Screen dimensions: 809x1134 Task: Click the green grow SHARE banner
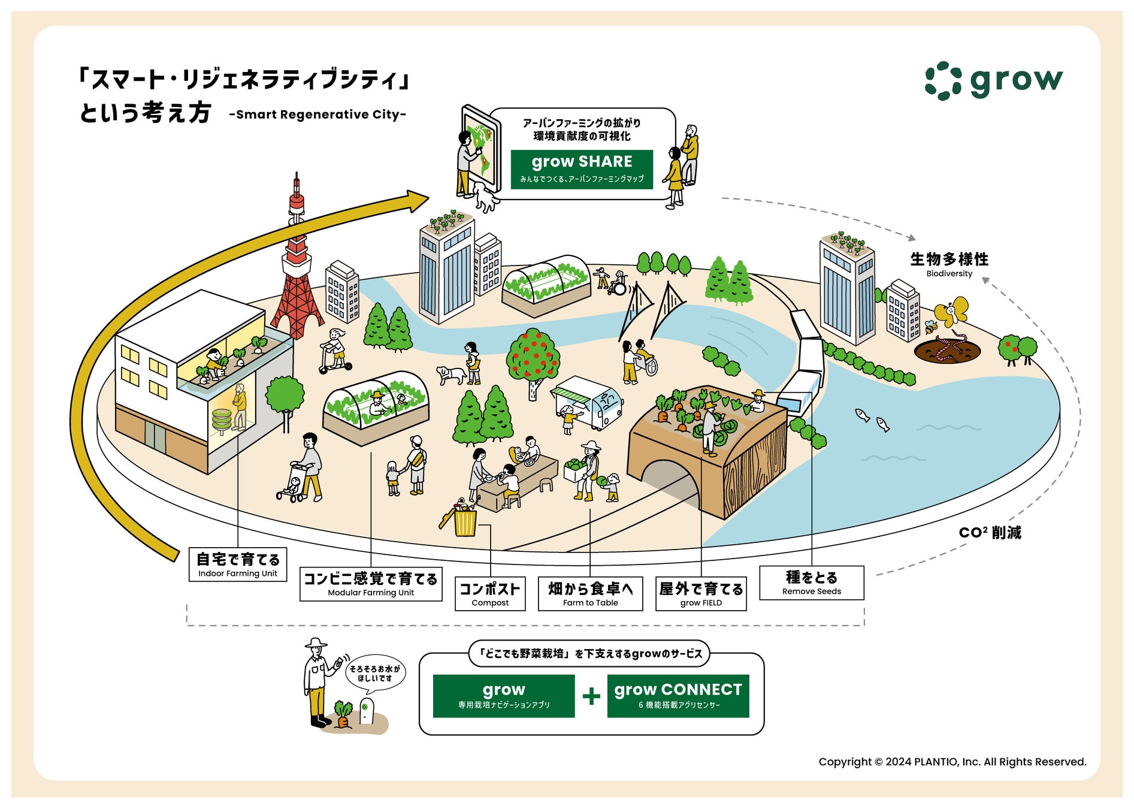point(581,169)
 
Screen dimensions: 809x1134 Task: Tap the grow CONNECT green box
point(678,696)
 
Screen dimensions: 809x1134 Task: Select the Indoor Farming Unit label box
point(238,564)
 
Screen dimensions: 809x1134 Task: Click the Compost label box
point(489,593)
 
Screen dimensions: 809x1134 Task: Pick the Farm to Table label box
point(590,593)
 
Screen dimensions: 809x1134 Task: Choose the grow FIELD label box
point(701,594)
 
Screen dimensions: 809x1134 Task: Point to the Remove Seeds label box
point(811,582)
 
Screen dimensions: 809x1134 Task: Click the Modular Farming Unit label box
point(371,584)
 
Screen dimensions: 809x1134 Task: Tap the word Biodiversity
point(949,274)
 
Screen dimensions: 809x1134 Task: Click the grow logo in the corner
point(994,80)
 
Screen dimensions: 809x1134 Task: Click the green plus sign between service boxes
point(591,696)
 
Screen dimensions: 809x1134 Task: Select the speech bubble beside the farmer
point(375,673)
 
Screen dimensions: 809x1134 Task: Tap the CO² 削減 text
point(990,532)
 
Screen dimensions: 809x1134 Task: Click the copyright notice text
point(952,762)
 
